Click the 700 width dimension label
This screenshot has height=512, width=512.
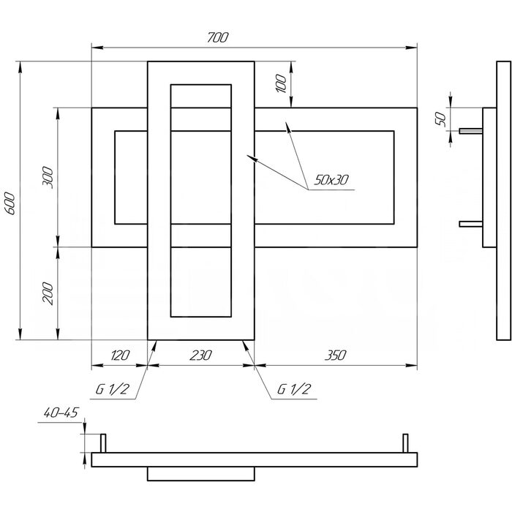(218, 37)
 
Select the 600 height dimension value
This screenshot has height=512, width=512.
(11, 203)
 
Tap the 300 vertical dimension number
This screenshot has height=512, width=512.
(48, 177)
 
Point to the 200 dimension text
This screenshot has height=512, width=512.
(48, 293)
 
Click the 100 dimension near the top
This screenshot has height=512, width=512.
(281, 83)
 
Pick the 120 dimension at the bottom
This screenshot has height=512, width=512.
(120, 355)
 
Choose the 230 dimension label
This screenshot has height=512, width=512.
(200, 355)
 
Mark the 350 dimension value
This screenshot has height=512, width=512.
(335, 355)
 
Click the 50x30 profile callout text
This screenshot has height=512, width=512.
(331, 180)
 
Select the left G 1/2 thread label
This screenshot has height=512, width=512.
(113, 389)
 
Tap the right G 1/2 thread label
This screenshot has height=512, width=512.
(294, 389)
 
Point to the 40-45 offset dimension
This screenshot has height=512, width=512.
(61, 413)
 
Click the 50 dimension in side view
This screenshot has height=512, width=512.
(440, 118)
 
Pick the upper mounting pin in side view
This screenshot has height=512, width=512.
(471, 131)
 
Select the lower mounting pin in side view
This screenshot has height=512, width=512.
(471, 224)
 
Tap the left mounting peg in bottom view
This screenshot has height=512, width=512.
(103, 443)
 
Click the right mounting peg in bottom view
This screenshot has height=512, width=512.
(405, 443)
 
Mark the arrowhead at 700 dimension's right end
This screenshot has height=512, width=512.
(411, 48)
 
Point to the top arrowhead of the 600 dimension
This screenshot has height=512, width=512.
(20, 67)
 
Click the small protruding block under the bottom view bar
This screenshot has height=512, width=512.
(201, 474)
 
